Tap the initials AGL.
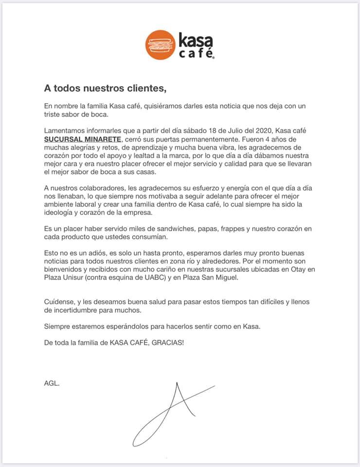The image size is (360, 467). (52, 383)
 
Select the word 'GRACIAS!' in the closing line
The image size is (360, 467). (168, 342)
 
